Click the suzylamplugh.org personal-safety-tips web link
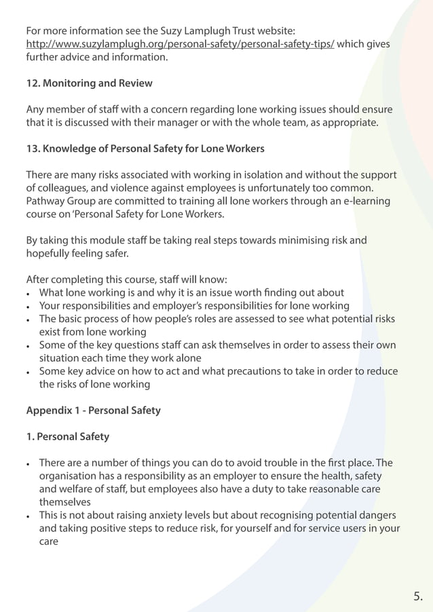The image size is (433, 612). click(180, 44)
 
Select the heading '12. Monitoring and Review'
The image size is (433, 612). click(89, 83)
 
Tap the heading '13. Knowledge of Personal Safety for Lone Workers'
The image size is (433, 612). click(145, 149)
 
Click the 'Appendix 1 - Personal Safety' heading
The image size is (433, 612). click(94, 410)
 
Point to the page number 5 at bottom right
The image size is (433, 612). click(417, 596)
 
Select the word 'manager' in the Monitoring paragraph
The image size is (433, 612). click(183, 123)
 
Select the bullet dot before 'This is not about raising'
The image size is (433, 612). click(29, 516)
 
